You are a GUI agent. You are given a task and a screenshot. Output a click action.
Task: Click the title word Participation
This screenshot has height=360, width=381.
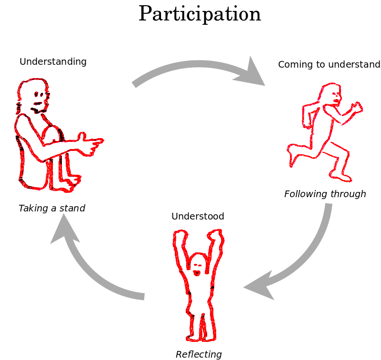pos(200,14)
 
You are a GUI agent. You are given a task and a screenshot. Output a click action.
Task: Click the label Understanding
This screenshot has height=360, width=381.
pos(53,61)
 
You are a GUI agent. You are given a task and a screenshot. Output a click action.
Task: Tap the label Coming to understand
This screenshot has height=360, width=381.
pos(329,64)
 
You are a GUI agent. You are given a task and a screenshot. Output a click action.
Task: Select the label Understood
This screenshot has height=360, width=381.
pos(198,216)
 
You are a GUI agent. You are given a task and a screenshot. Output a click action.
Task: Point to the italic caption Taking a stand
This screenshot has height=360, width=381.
pos(51,208)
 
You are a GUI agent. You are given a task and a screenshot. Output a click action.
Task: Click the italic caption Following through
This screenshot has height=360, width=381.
pos(325,194)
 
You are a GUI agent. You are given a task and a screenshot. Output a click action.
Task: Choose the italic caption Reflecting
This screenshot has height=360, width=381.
pos(199,354)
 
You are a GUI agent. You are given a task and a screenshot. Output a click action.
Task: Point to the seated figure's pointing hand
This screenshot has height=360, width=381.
pos(92,143)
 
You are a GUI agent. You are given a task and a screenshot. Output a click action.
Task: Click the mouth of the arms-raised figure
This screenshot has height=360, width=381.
pos(197,273)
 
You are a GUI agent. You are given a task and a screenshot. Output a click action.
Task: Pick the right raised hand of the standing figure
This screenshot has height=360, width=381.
pos(217,236)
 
